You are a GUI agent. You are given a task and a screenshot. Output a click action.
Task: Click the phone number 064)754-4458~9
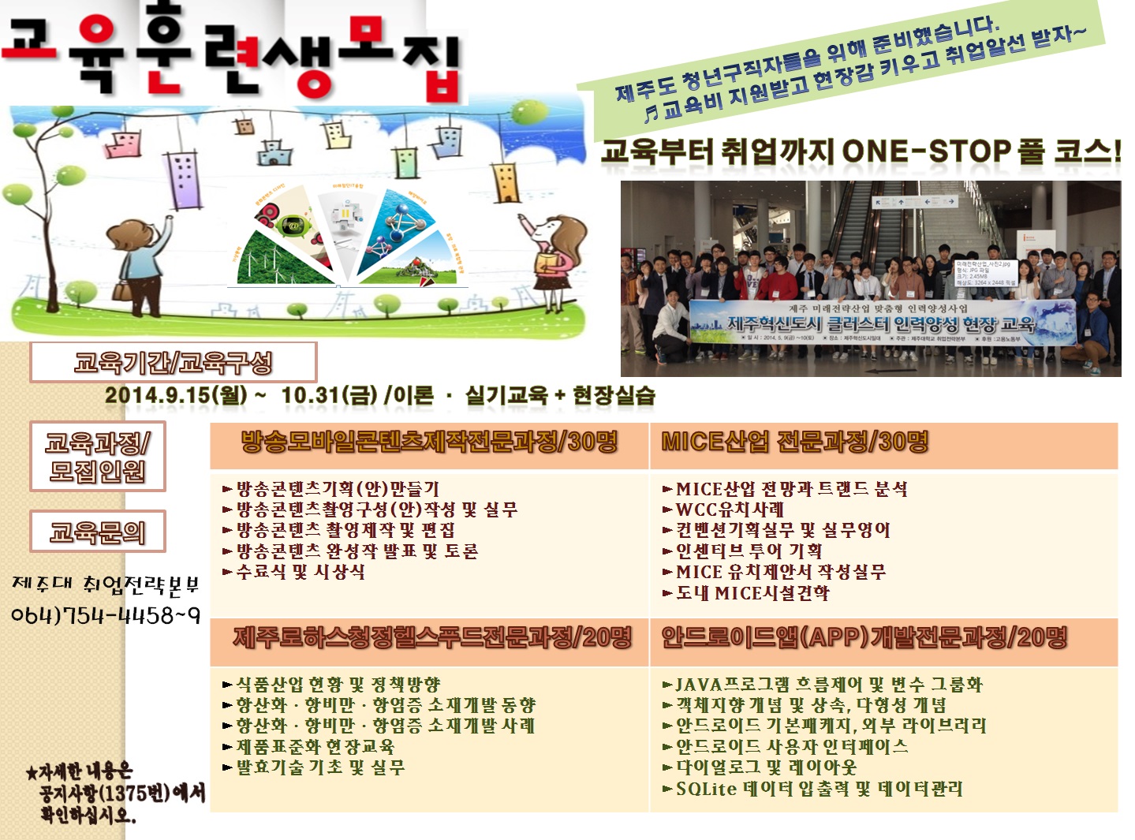[x=106, y=615]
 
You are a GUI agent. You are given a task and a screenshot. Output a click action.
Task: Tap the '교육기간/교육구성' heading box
[x=173, y=363]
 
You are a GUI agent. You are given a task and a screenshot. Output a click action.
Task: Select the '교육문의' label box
[x=98, y=532]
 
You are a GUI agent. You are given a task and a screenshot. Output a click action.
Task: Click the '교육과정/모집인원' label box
[x=98, y=457]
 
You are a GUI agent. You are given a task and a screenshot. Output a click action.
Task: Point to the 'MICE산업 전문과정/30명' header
[x=794, y=442]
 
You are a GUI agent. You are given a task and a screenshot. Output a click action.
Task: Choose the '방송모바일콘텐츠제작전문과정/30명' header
[x=429, y=442]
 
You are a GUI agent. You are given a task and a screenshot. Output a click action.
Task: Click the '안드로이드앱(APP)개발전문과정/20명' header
[x=864, y=637]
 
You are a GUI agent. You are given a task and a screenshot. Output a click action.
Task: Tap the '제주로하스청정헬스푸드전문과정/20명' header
[x=432, y=637]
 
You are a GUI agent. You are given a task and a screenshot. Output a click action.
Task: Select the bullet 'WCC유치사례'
[x=730, y=510]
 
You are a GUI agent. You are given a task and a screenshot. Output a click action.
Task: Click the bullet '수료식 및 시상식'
[x=301, y=572]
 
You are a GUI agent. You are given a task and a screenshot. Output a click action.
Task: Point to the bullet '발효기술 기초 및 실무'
[x=320, y=767]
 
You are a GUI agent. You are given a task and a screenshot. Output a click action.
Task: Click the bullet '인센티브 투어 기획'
[x=749, y=551]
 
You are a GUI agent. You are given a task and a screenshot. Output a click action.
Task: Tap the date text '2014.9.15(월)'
[x=176, y=395]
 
